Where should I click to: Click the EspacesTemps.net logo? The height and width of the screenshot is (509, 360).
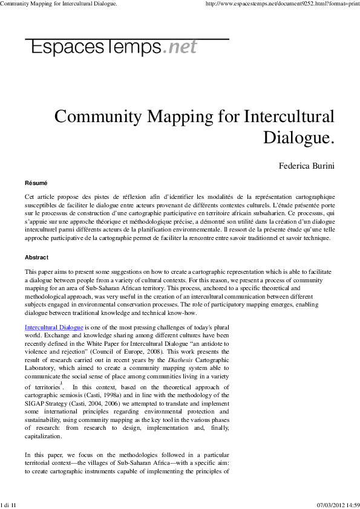[111, 47]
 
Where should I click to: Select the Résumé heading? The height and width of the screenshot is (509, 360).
[36, 183]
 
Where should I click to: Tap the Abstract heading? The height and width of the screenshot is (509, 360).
[38, 257]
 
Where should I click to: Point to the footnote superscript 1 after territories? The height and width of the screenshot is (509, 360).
[61, 382]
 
